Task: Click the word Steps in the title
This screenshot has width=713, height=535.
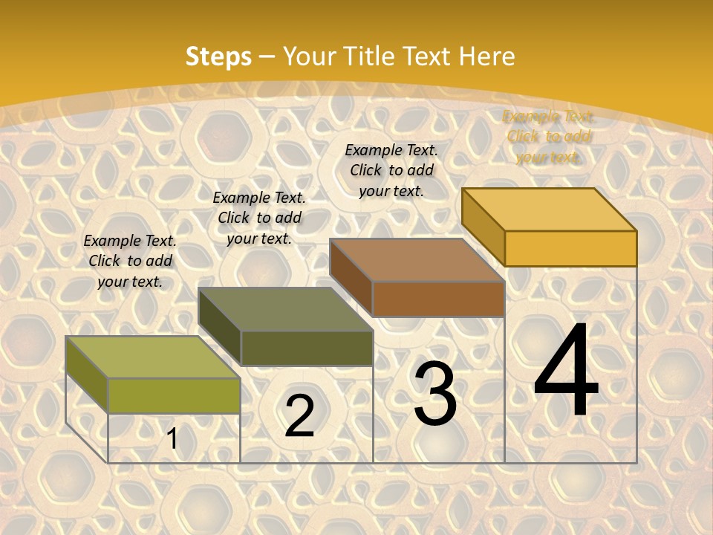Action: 218,56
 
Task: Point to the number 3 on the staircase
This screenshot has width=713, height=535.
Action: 435,394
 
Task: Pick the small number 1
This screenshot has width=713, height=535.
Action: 172,439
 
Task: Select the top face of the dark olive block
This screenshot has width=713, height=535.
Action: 285,309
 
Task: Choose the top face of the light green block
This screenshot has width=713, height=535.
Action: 153,357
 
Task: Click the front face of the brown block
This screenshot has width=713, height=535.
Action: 438,299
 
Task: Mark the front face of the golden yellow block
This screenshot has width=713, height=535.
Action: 570,248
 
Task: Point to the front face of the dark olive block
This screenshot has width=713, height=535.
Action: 307,348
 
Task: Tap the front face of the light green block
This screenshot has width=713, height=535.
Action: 174,395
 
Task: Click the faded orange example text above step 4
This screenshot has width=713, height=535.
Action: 548,137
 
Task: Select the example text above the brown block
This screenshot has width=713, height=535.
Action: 391,170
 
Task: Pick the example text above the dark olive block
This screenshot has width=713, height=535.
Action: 259,218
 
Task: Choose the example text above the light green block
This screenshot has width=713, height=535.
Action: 130,261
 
